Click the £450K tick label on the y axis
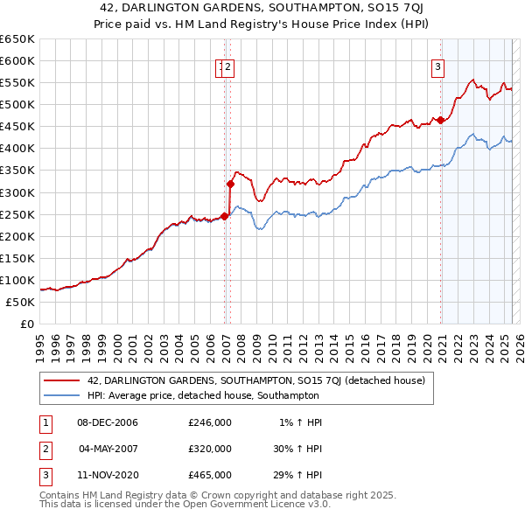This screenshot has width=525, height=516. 17,126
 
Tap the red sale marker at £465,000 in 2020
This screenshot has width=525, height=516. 440,120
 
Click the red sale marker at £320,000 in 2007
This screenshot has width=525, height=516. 230,184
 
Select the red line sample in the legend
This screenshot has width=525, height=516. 62,380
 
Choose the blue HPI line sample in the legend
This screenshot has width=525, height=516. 62,396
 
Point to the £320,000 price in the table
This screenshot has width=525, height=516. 210,449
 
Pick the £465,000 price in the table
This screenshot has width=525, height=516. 210,475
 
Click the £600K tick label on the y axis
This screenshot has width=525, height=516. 17,60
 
